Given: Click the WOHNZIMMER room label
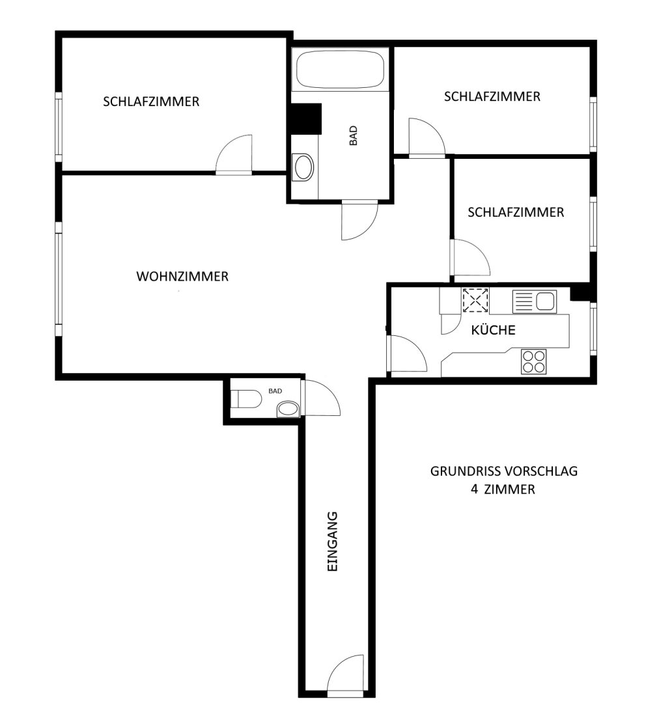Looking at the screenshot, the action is pos(182,276).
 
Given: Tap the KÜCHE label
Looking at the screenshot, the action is pos(493,330).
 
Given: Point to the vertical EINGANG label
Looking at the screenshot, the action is pos(332,541).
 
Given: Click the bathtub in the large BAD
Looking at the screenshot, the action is pos(340,70).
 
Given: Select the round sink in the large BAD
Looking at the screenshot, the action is pos(303,167).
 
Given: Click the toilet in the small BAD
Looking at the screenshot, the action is pos(245,398).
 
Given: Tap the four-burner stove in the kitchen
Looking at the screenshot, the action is pos(534,361).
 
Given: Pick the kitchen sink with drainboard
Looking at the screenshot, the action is pos(535,302).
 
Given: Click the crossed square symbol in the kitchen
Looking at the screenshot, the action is pos(475,300).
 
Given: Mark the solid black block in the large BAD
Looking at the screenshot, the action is pos(307,118).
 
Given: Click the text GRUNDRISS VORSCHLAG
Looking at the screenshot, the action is pos(504,471).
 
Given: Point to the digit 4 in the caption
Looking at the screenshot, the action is pos(474,489).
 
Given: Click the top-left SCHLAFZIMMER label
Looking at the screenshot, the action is pos(151,102).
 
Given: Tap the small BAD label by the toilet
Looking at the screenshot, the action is pos(275,391).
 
